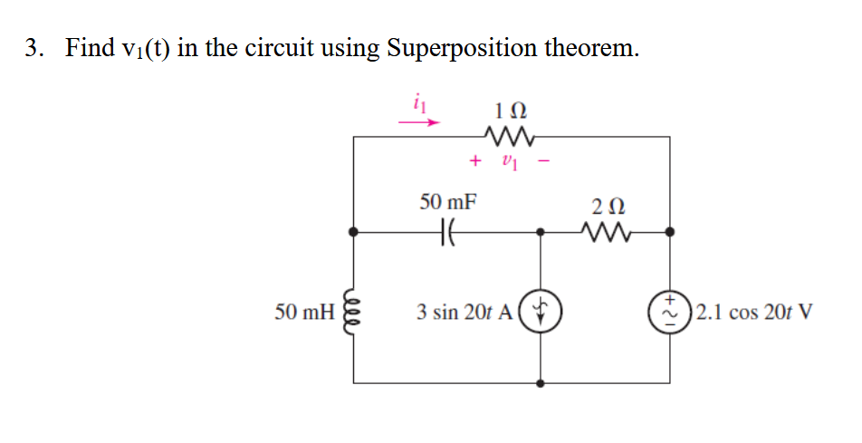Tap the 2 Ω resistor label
604,204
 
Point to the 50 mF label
449,201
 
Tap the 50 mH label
302,313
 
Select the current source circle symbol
541,313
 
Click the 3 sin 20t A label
465,313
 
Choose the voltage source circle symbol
670,313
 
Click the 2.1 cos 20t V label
752,313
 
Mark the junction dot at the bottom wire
541,383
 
